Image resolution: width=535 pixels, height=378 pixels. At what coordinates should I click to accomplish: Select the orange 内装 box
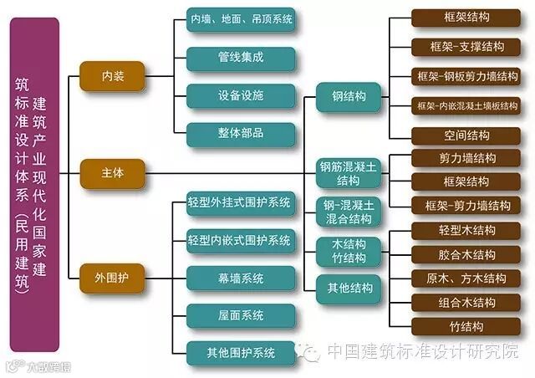(x=112, y=76)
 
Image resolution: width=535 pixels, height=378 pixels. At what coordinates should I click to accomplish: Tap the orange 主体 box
(x=112, y=174)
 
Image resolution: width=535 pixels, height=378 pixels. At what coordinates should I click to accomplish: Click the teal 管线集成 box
(x=241, y=58)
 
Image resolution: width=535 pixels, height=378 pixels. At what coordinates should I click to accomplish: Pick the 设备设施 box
(x=241, y=95)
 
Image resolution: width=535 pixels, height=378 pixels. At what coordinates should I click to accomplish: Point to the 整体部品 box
(x=241, y=134)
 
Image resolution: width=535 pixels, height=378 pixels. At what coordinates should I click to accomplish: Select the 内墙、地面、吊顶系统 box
(x=241, y=18)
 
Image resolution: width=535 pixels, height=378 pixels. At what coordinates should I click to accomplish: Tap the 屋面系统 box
(x=241, y=315)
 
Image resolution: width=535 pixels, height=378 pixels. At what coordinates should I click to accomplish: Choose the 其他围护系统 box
(x=241, y=350)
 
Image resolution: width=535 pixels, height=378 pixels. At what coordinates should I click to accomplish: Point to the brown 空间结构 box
(x=466, y=135)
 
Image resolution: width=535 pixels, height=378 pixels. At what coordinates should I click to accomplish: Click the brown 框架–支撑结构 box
(x=466, y=45)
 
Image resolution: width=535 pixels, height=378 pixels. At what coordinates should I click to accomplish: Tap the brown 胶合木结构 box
(x=466, y=254)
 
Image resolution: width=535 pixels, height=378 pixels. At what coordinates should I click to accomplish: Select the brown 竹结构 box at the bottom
(x=466, y=327)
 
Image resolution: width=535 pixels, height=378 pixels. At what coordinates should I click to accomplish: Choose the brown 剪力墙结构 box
(x=466, y=158)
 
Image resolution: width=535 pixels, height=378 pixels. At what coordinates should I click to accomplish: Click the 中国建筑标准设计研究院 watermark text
(x=422, y=352)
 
